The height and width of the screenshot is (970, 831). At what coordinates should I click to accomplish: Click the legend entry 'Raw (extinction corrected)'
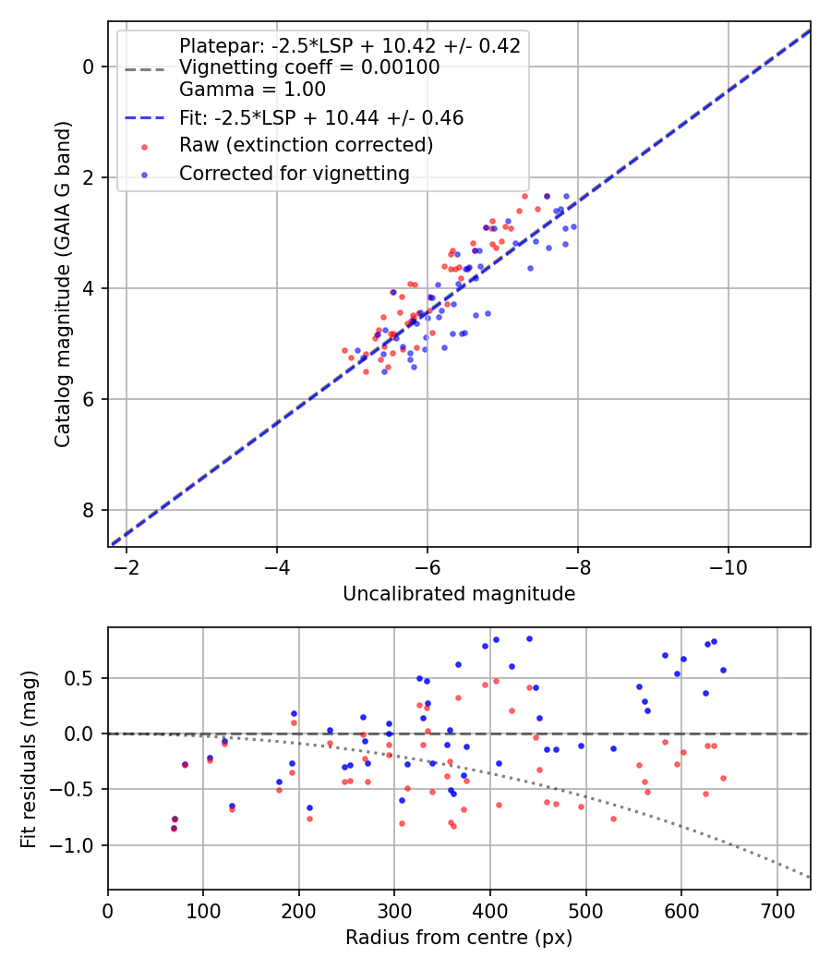coord(306,145)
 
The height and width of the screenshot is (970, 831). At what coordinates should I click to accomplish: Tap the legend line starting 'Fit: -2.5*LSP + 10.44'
coord(321,117)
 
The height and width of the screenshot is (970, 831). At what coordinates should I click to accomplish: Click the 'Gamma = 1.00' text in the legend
coord(252,90)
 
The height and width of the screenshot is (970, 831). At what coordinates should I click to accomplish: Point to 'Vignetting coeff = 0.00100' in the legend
coord(309,67)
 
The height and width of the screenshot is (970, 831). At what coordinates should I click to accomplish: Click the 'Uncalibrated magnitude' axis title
coord(459,594)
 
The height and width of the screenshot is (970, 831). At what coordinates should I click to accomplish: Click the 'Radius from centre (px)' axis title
coord(459,938)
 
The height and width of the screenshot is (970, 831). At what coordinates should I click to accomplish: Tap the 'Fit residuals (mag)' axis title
coord(30,758)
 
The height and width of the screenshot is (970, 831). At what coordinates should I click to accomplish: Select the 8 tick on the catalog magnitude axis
coord(88,510)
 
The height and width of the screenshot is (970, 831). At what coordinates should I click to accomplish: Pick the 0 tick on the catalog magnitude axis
coord(88,67)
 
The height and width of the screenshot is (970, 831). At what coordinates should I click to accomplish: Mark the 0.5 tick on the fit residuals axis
coord(81,678)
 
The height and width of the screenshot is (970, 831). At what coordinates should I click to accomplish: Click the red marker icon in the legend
coord(144,146)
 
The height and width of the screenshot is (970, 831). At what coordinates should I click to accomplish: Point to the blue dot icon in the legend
coord(144,174)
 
